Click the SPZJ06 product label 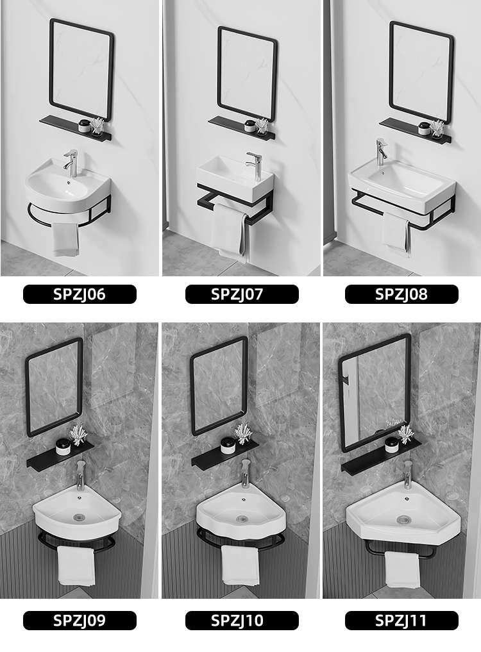[x=80, y=294]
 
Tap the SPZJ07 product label [x=242, y=294]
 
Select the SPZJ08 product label [x=401, y=294]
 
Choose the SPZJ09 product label [x=80, y=621]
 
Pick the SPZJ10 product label [x=242, y=621]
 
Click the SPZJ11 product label [x=401, y=621]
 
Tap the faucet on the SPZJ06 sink [x=71, y=163]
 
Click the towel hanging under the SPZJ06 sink [x=65, y=238]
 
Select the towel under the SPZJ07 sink [x=229, y=231]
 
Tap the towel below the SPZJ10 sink [x=240, y=565]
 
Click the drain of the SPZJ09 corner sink [x=79, y=517]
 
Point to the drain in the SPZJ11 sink [x=403, y=519]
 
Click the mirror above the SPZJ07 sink [x=247, y=74]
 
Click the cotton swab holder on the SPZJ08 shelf [x=437, y=128]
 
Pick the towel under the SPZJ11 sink [x=402, y=569]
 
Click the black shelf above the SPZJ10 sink [x=225, y=455]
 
